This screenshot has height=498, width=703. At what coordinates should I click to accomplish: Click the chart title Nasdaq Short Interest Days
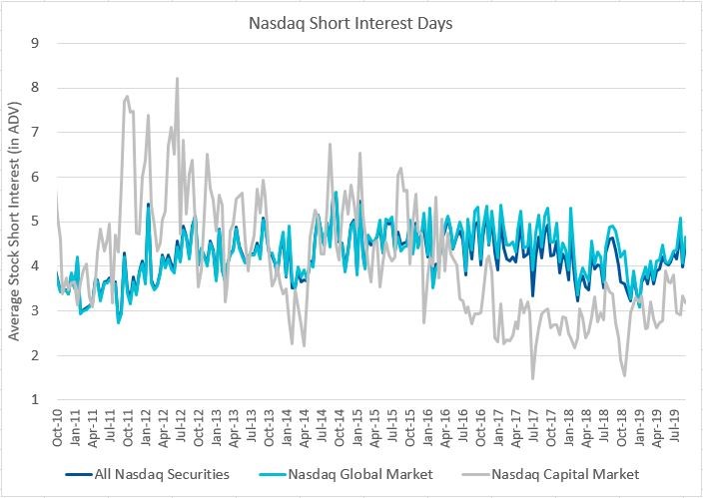tap(351, 20)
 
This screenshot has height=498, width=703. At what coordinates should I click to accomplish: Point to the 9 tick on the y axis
tap(35, 43)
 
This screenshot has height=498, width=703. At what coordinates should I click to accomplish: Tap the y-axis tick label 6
tap(35, 177)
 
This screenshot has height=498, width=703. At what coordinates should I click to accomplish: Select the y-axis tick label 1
tap(35, 400)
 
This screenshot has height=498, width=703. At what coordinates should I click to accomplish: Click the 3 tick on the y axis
tap(35, 310)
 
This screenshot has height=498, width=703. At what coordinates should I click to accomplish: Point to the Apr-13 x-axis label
tap(235, 429)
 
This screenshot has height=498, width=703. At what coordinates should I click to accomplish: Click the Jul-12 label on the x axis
tap(182, 429)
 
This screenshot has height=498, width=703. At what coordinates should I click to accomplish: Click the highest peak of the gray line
tap(177, 78)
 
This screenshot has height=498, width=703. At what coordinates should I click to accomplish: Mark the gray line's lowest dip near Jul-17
tap(533, 378)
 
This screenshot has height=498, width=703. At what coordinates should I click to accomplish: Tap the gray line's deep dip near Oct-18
tap(624, 375)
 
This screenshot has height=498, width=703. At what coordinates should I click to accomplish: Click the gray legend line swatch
tap(474, 473)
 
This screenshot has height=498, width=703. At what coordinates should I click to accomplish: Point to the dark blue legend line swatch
tap(78, 473)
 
